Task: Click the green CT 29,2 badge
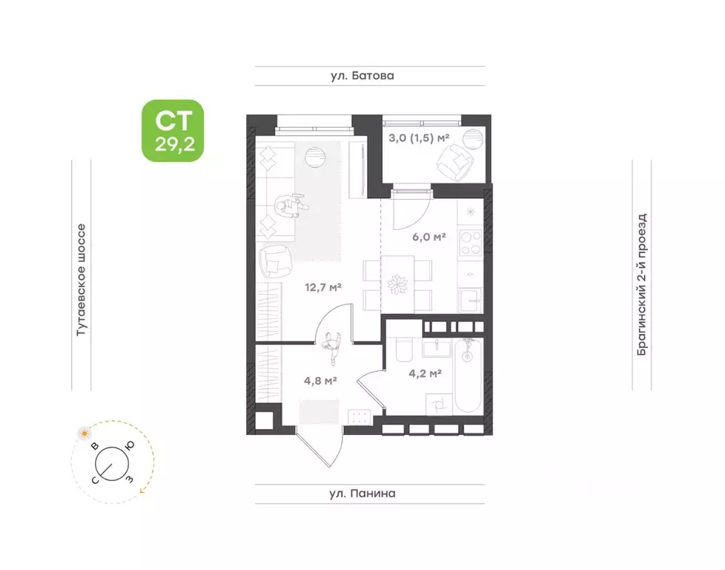click(x=173, y=131)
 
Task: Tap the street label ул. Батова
click(x=362, y=76)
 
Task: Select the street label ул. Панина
click(x=362, y=494)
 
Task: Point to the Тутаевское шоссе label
click(x=82, y=280)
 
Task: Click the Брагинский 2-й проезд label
click(x=642, y=285)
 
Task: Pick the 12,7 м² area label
click(x=322, y=287)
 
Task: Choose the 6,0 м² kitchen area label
click(x=428, y=237)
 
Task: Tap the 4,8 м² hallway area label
click(x=320, y=381)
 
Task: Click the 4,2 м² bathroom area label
click(x=425, y=373)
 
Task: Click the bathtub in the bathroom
click(x=468, y=375)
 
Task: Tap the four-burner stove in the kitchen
click(x=470, y=243)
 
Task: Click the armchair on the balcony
click(x=455, y=163)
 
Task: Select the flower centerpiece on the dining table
click(x=397, y=284)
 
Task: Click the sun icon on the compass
click(x=85, y=433)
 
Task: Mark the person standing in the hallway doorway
click(x=331, y=347)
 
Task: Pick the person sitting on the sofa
click(x=290, y=206)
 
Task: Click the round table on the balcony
click(x=472, y=139)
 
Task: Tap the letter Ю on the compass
click(x=130, y=445)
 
